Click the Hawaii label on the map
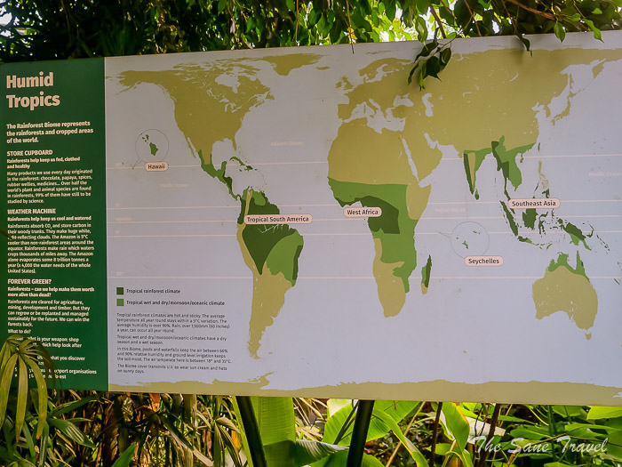(156, 166)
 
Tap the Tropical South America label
(278, 219)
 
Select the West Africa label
(363, 212)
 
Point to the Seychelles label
(483, 261)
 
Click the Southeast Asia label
(534, 204)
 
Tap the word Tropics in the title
(33, 100)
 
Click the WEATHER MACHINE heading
(34, 211)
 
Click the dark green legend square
(121, 290)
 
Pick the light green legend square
(121, 302)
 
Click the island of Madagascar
(427, 272)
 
